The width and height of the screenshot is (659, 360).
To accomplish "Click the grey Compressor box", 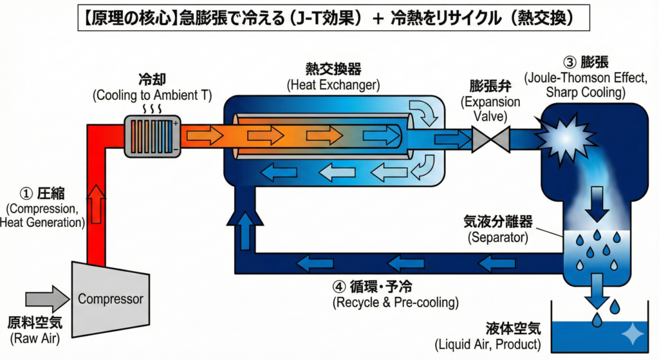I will [x=110, y=298].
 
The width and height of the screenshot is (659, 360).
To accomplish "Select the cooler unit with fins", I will [x=152, y=135].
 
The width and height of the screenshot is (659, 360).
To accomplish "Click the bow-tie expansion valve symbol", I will [x=491, y=139].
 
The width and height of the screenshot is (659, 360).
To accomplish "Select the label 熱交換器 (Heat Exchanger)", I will [x=333, y=70].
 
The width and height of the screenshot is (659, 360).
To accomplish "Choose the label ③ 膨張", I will [x=584, y=62].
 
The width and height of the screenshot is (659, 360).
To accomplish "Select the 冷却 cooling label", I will [x=152, y=81].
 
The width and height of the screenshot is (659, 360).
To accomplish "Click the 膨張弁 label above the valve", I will [x=490, y=86].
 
